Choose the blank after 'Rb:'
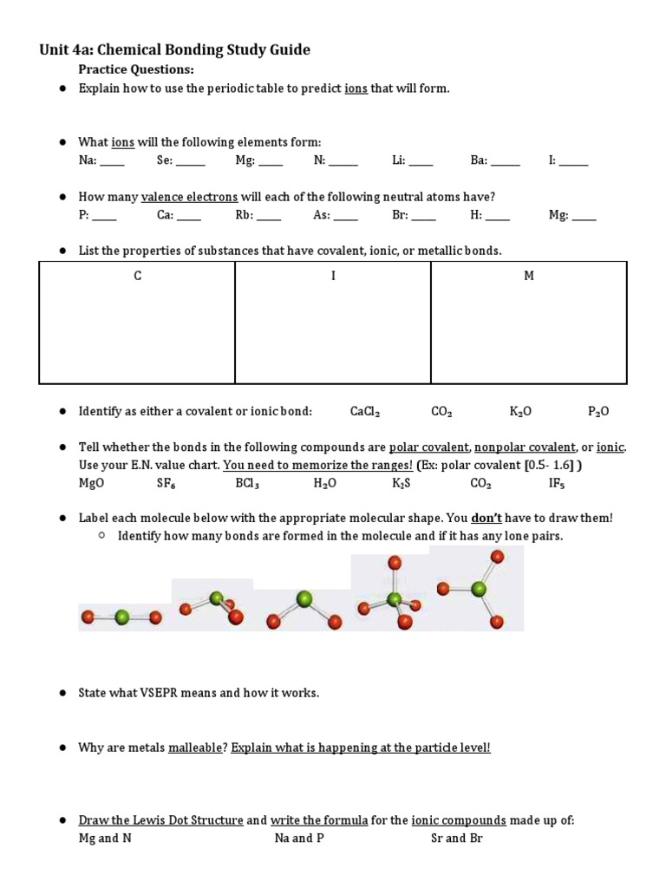[x=269, y=217]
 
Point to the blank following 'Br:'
[x=424, y=217]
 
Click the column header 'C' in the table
[x=137, y=276]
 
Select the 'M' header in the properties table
[x=529, y=276]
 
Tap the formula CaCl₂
[x=365, y=412]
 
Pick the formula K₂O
[x=520, y=412]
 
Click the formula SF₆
[x=166, y=483]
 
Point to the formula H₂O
[x=325, y=483]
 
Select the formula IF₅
[x=557, y=483]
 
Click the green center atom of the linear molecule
[x=121, y=617]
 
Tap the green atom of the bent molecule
[x=304, y=599]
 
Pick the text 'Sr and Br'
[x=456, y=838]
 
